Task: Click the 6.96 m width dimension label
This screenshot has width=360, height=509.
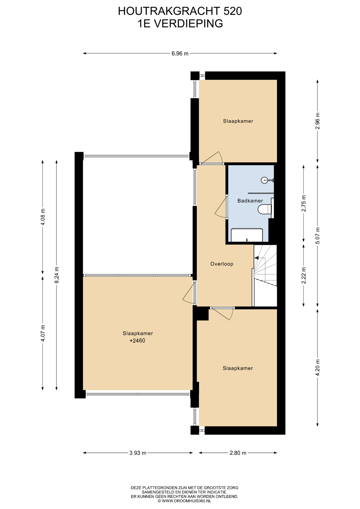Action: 180,54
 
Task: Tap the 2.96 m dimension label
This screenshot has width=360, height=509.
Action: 318,121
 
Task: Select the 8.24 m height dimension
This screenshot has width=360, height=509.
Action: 56,275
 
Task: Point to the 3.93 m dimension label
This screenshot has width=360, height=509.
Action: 138,453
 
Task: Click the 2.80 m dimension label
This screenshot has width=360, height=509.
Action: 238,453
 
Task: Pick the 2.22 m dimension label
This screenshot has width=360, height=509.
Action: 304,275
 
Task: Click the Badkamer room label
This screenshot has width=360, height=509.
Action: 250,201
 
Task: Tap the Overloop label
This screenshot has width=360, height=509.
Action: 222,264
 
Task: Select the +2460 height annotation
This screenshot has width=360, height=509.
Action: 137,341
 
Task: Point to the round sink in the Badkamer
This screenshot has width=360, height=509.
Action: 265,180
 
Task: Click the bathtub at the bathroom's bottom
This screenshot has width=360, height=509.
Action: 247,235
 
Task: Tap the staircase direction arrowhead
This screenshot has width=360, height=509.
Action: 256,258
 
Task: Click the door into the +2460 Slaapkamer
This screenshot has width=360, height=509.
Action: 190,293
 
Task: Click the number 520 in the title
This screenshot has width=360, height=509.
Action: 232,11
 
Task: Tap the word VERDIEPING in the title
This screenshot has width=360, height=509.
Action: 188,24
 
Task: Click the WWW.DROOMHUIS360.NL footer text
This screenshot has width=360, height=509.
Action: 186,501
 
